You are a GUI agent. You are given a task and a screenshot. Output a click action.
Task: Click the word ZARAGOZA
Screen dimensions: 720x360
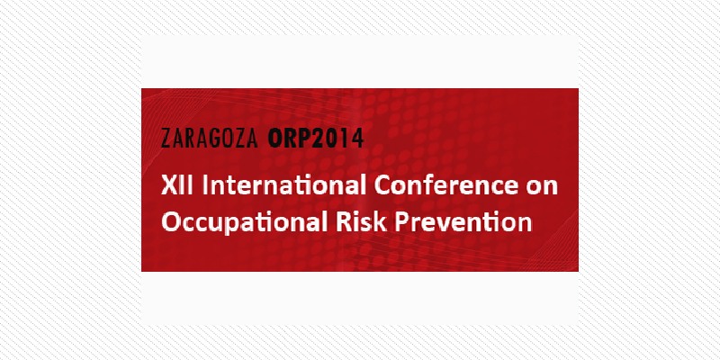(210, 139)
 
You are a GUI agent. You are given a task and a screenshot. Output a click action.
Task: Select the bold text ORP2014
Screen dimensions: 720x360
(316, 139)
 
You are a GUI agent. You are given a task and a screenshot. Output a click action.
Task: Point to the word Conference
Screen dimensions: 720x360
(448, 186)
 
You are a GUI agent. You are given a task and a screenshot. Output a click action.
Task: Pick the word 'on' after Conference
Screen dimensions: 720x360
(544, 189)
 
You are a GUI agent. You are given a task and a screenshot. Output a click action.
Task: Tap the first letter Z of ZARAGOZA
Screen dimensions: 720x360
(166, 139)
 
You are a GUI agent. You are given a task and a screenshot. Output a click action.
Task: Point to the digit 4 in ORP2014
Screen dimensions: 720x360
(358, 139)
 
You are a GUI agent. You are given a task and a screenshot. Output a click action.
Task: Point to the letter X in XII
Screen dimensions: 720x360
(168, 186)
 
